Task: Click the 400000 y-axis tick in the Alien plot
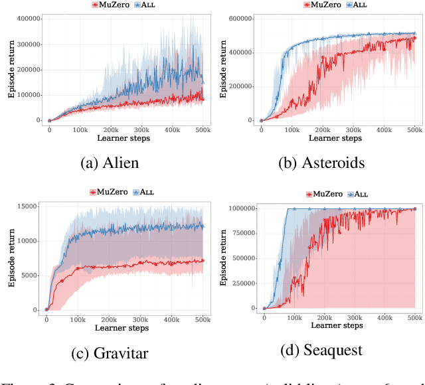pos(28,19)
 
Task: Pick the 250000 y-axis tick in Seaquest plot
pos(241,283)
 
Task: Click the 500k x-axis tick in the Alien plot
pos(204,128)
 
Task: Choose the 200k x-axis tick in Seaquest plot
pos(325,317)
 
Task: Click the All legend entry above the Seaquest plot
pos(358,194)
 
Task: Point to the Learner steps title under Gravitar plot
pos(124,327)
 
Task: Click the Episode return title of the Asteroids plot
pos(223,68)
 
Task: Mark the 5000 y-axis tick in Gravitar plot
pos(32,275)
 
